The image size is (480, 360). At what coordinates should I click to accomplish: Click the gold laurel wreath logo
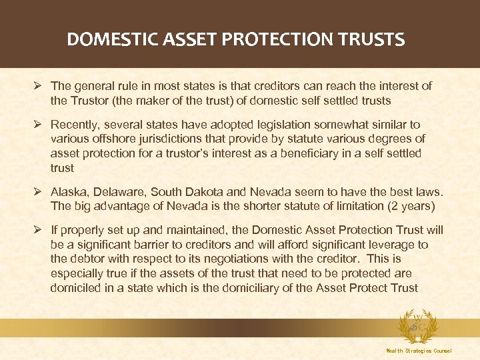coord(419,327)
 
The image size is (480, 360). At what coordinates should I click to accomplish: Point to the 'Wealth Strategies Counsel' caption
coord(419,351)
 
